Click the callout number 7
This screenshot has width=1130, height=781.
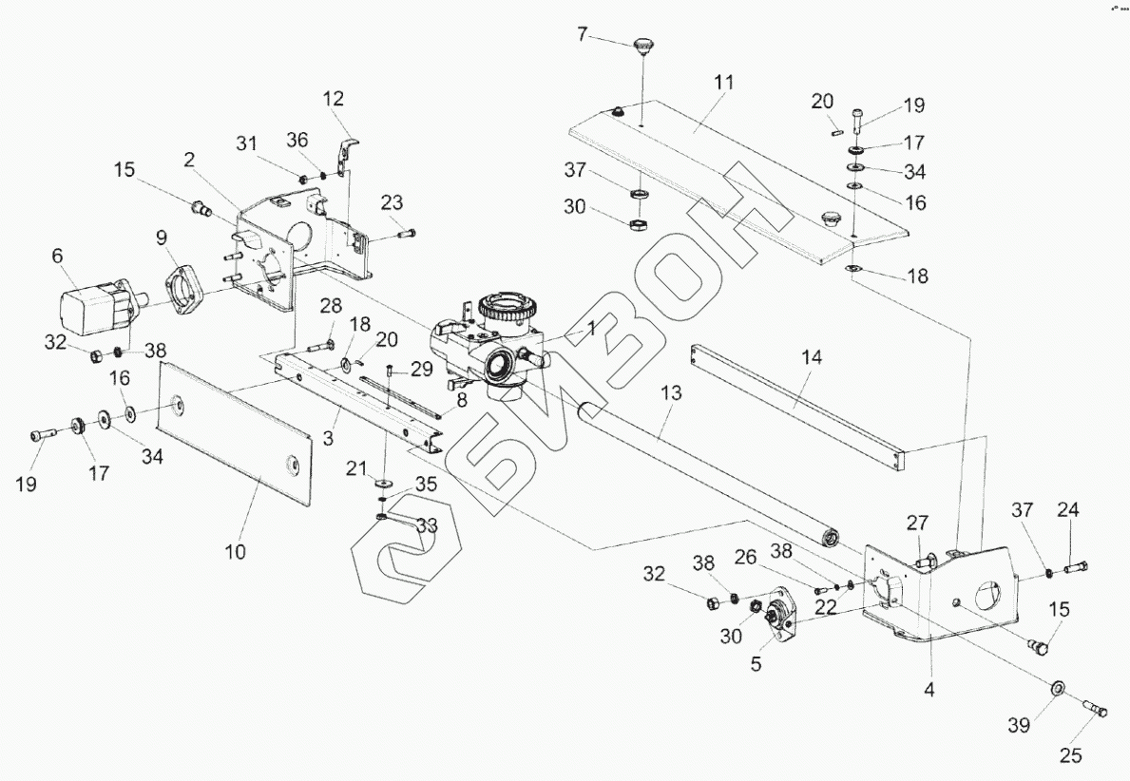coord(583,34)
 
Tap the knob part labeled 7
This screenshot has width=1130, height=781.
coord(645,44)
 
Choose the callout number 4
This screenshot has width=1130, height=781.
coord(929,691)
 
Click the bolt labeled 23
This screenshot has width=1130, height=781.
coord(402,230)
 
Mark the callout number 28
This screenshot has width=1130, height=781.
coord(331,306)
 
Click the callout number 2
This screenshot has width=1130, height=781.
coord(190,159)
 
